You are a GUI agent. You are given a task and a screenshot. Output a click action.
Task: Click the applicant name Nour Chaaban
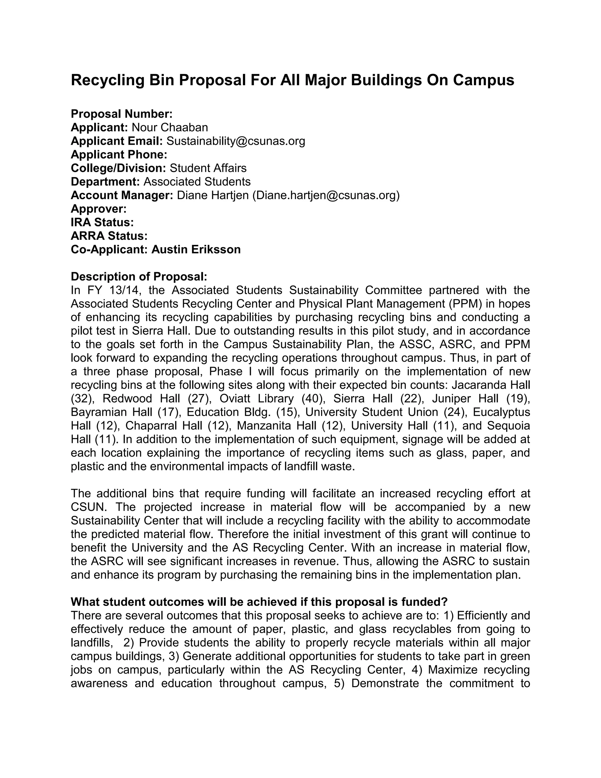pos(170,127)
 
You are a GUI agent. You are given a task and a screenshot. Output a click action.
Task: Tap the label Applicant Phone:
pos(119,155)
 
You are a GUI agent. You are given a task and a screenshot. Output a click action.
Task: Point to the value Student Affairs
pos(208,168)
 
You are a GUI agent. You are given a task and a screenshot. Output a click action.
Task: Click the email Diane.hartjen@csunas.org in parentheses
pos(326,195)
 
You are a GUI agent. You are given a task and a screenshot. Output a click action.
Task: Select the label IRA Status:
pos(102,222)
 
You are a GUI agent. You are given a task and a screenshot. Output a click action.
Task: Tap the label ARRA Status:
pos(109,236)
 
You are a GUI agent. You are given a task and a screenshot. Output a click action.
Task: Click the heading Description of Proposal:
pos(139,277)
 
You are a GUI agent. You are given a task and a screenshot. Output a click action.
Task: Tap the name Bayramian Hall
pos(112,412)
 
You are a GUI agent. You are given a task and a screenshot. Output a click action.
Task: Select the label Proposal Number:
pos(121,114)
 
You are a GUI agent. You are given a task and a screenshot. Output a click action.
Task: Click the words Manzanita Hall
pos(277,426)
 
